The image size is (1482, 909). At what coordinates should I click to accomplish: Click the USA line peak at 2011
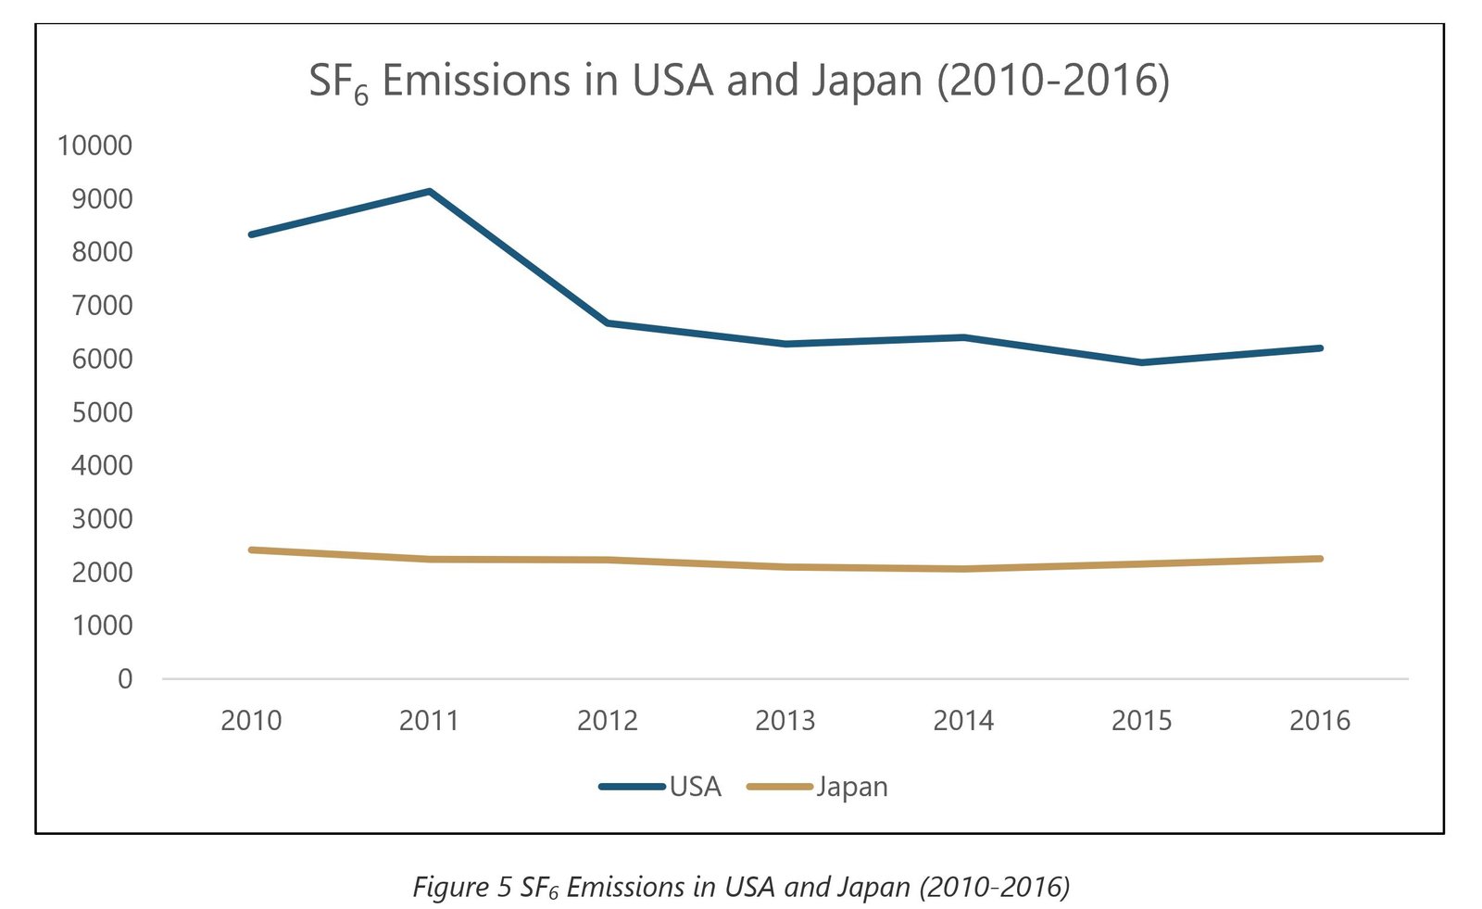coord(430,192)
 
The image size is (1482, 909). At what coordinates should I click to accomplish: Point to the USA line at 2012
coord(608,323)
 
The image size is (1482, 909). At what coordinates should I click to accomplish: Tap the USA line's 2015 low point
coord(1141,362)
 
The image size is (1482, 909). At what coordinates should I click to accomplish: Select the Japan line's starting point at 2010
coord(252,550)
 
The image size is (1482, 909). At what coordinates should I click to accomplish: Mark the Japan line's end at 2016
coord(1320,559)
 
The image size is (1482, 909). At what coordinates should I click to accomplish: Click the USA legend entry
coord(660,787)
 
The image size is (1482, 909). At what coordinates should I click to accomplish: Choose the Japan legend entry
coord(818,787)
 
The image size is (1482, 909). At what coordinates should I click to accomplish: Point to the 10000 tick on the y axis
coord(94,145)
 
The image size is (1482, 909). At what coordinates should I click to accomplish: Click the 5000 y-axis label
coord(102,412)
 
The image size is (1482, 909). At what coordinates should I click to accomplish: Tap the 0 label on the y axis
coord(125,679)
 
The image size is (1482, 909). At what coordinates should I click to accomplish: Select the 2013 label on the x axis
coord(785,720)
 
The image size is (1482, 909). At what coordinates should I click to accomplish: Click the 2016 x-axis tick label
coord(1320,720)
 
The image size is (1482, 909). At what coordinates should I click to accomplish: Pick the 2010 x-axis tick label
coord(251,720)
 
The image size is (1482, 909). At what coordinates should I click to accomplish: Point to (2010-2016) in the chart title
coord(1053,81)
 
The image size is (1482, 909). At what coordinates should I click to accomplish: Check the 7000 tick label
coord(102,305)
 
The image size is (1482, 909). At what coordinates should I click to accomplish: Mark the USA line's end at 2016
coord(1320,348)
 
